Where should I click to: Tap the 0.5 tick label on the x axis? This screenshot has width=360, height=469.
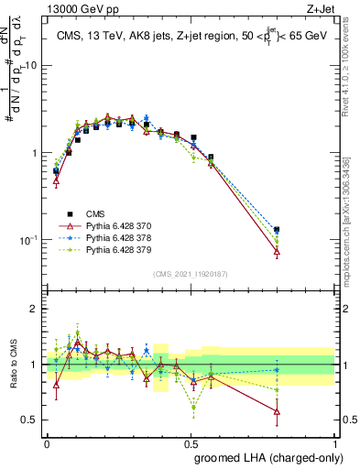coord(191,442)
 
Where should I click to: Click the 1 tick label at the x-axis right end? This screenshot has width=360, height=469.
coord(336,442)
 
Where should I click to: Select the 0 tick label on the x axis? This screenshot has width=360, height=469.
coord(47,442)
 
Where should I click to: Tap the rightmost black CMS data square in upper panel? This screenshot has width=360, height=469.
coord(277,230)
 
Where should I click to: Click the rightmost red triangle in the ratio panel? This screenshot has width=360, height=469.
coord(277,411)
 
